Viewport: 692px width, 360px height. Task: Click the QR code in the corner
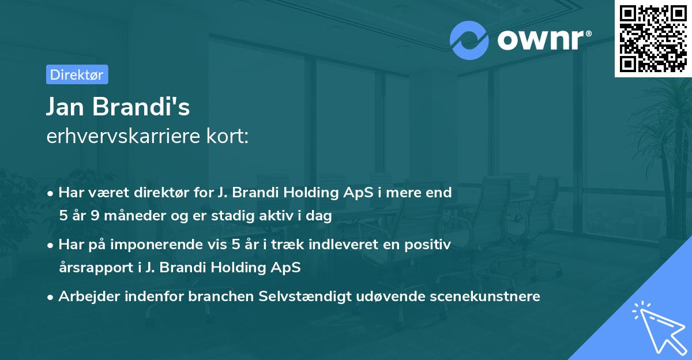(x=653, y=38)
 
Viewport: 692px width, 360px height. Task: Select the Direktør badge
(x=76, y=74)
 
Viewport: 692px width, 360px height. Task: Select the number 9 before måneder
(x=95, y=216)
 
